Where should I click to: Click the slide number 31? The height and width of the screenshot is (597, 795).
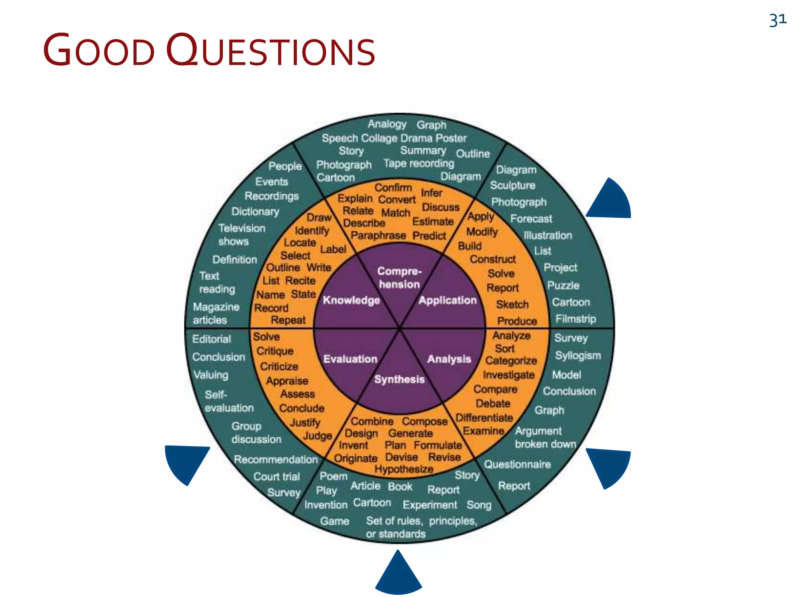tap(778, 20)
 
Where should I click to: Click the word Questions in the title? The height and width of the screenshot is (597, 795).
tap(271, 51)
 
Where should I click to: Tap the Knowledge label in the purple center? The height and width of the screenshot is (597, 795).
tap(351, 300)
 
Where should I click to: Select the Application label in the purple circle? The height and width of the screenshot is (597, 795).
tap(447, 300)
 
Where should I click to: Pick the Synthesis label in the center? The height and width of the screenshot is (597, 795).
tap(399, 379)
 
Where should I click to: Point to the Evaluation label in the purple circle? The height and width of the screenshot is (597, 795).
tap(350, 359)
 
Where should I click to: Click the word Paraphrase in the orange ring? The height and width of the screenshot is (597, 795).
tap(378, 236)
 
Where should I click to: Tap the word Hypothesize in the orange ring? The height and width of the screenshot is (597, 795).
tap(404, 469)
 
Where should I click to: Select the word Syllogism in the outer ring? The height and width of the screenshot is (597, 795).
tap(578, 356)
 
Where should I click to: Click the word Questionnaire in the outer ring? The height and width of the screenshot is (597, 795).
tap(517, 464)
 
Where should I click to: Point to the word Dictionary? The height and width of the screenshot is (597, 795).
tap(255, 211)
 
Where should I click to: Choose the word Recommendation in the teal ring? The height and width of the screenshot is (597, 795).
tap(276, 459)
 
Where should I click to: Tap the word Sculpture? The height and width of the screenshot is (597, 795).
tap(512, 185)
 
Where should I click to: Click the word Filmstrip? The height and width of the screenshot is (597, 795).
tap(575, 319)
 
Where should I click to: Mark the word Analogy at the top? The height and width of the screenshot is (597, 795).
tap(387, 124)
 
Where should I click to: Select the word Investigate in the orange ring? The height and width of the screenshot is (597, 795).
tap(509, 375)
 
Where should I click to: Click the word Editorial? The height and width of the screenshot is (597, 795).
tap(212, 339)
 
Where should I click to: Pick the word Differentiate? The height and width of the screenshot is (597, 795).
tap(484, 418)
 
